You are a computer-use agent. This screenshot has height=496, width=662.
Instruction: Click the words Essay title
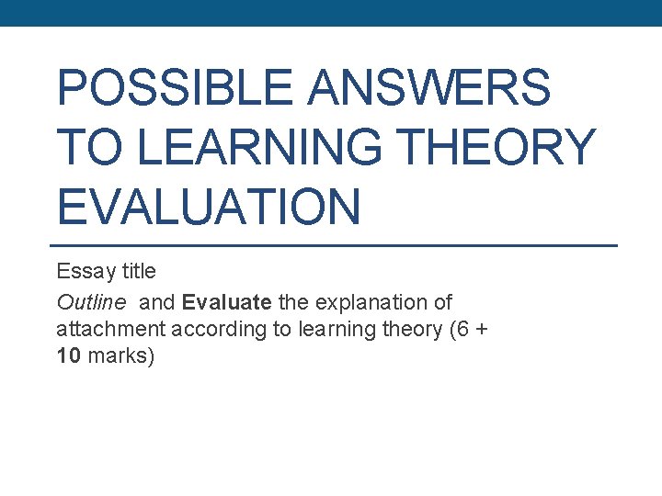(106, 272)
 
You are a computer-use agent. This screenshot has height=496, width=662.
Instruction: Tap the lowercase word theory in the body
(407, 329)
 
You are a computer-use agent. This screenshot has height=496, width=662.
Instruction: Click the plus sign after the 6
(482, 329)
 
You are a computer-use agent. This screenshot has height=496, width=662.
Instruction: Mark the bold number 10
(67, 356)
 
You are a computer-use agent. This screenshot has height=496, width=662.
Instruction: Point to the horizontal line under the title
(331, 245)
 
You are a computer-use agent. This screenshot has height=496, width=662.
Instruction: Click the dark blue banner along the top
(331, 13)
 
